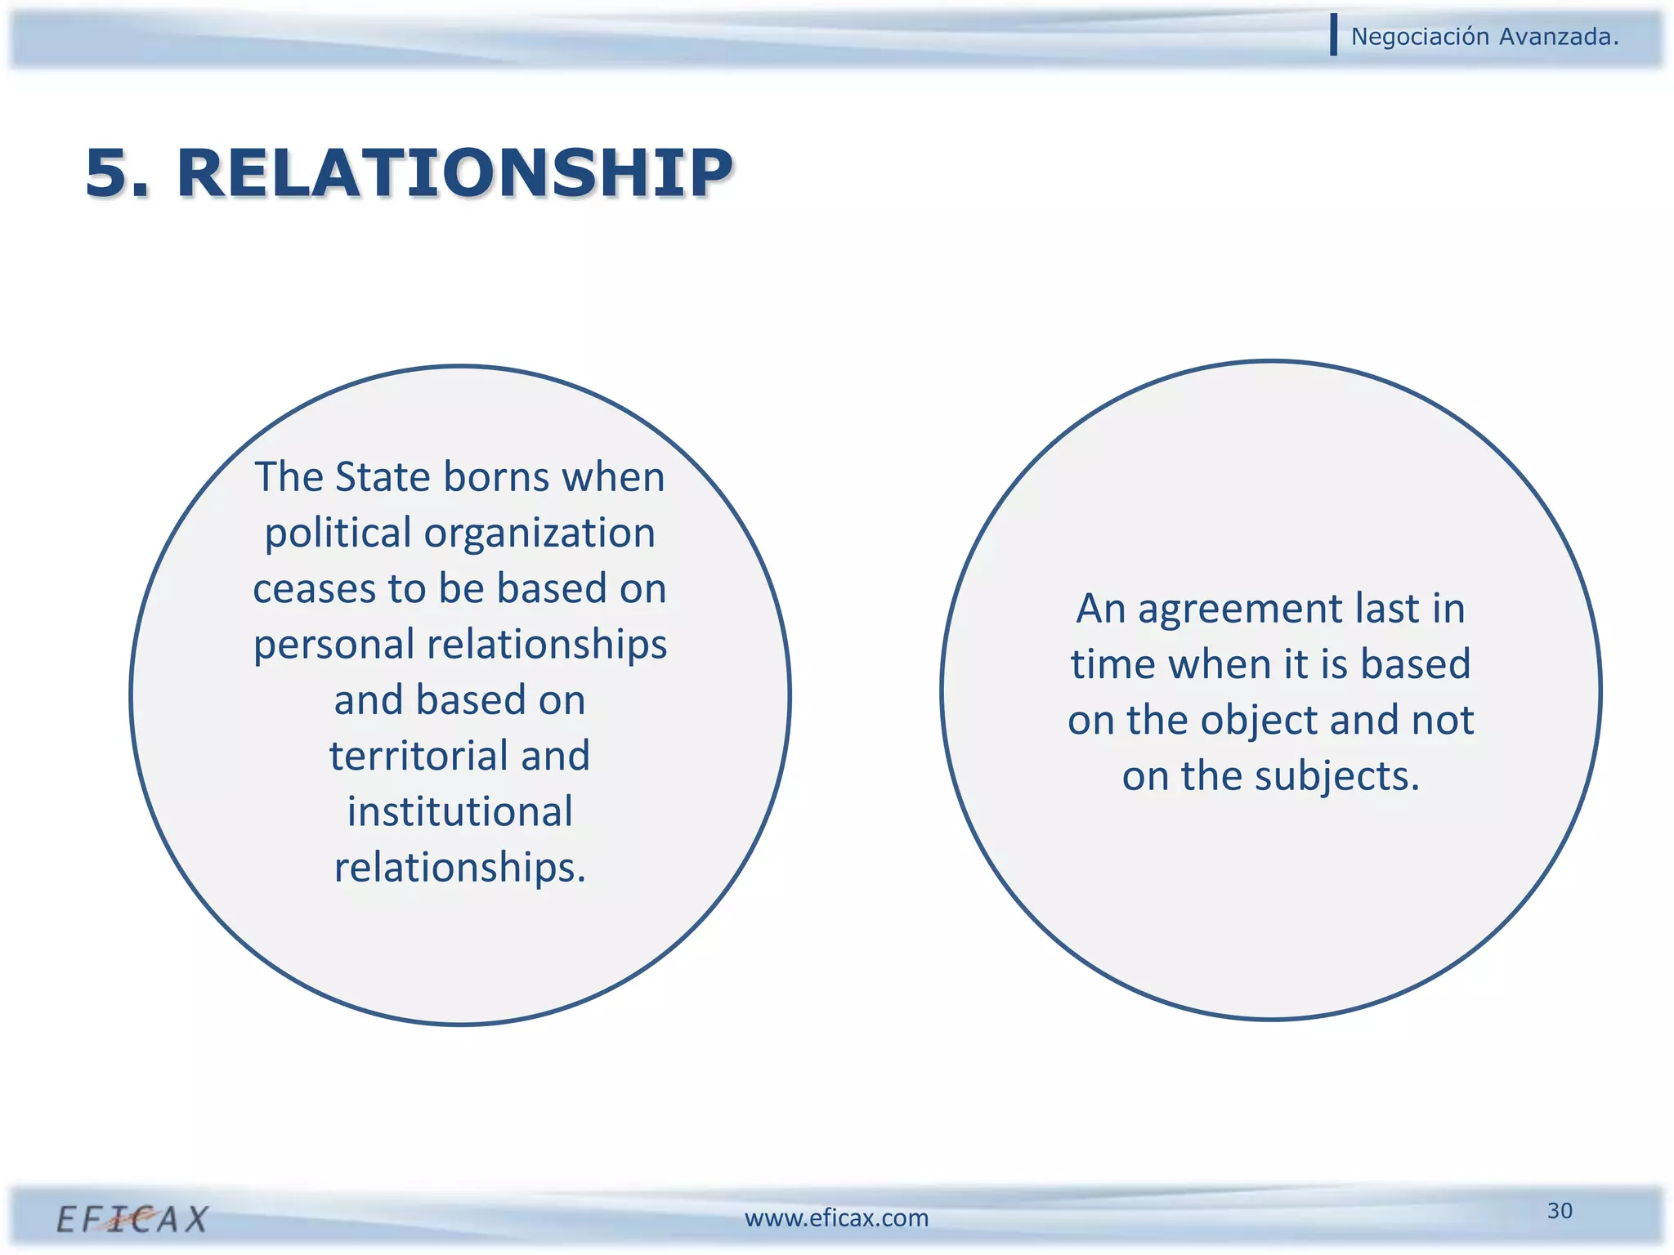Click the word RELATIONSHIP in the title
[454, 173]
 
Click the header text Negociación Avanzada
[1484, 37]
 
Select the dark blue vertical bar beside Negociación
[1334, 35]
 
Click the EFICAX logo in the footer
[132, 1218]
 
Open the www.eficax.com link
[836, 1218]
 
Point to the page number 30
[1560, 1210]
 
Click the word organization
[539, 534]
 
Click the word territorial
[418, 756]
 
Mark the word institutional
[460, 812]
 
